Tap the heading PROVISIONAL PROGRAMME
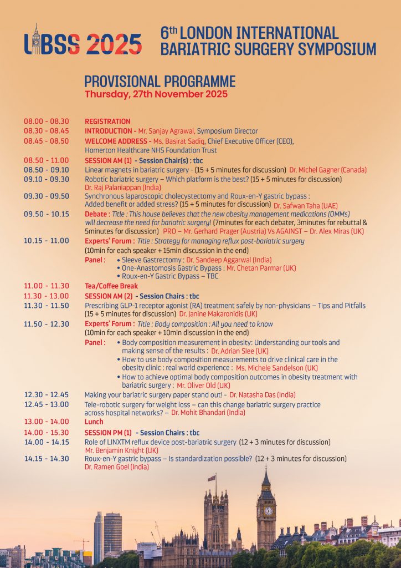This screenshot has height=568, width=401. pos(160,82)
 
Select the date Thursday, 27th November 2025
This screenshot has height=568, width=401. pos(156,94)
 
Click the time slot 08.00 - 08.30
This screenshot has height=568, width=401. pos(46,121)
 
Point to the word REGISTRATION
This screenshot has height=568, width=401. pos(107,121)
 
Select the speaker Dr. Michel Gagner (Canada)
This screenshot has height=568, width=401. pos(328,170)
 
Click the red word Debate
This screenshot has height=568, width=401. pos(96,214)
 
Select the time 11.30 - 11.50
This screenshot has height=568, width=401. pos(46,306)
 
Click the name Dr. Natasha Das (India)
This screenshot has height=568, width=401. pos(263,395)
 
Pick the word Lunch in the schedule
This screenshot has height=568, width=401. pos(94,422)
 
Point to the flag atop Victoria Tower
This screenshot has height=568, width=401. pos(211,478)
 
